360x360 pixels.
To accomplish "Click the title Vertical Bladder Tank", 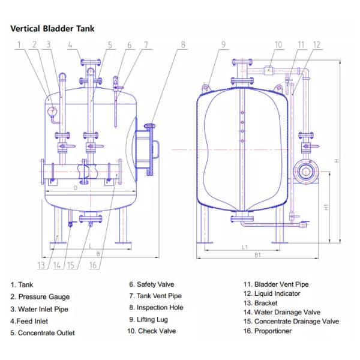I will [52, 28].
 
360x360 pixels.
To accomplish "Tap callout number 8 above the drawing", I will [184, 44].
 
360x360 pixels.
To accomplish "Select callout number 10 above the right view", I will [278, 44].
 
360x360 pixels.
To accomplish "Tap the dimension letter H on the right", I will [337, 161].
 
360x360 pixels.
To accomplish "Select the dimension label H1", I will [326, 207].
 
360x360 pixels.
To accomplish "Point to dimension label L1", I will [245, 247].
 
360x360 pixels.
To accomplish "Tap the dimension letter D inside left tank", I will [74, 188].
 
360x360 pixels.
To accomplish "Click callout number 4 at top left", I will [70, 44].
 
